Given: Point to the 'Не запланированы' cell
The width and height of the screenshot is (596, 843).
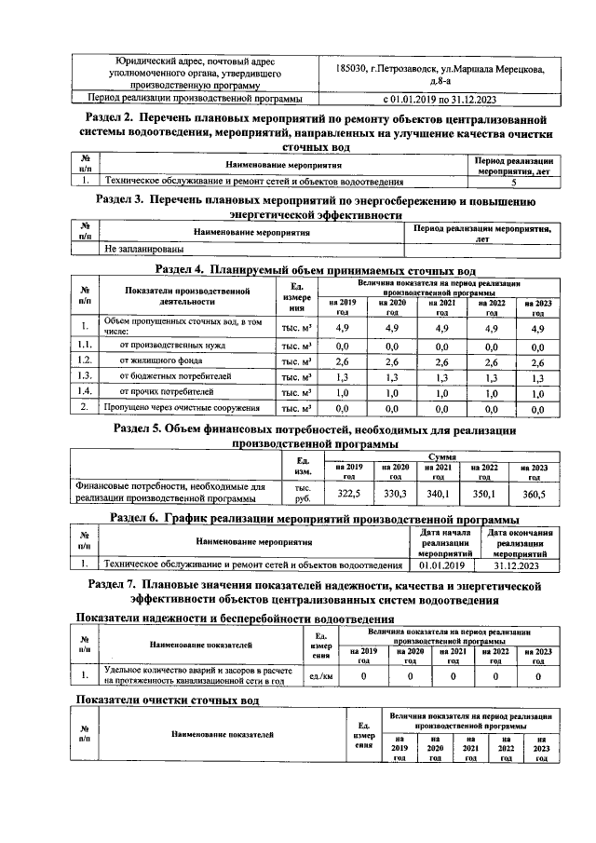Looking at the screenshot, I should pos(143,250).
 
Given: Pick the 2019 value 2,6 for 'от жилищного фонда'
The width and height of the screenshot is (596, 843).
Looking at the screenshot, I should pos(342,362).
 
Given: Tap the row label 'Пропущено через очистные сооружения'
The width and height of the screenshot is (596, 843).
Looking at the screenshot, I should pos(181,408).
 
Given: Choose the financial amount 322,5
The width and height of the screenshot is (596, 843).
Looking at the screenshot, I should pos(346,493).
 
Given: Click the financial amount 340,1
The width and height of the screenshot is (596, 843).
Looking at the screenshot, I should pos(438,493).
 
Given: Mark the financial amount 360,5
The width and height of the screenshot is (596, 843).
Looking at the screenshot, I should pos(535,493).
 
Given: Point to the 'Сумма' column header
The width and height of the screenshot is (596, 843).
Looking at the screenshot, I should pos(440,457).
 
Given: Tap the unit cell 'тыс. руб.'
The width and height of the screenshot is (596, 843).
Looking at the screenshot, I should pos(302,492).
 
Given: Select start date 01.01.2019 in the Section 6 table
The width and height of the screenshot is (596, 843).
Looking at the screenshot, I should pos(442,564).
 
